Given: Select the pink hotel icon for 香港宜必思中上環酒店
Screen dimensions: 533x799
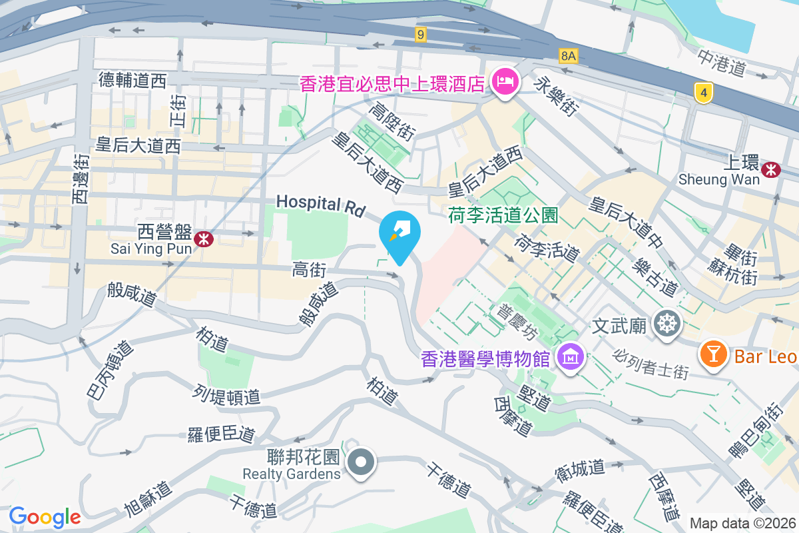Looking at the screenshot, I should tap(504, 83).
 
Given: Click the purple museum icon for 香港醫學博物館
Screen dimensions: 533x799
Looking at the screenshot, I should tap(571, 358).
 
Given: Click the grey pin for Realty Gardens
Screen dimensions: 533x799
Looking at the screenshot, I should tap(361, 462).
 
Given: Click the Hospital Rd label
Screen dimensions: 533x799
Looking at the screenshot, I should tap(321, 205).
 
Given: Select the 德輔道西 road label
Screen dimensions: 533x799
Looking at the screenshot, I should tap(133, 81).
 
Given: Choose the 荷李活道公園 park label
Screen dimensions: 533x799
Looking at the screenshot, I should tap(503, 215).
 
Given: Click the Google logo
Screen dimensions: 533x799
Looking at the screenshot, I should tap(45, 517).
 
